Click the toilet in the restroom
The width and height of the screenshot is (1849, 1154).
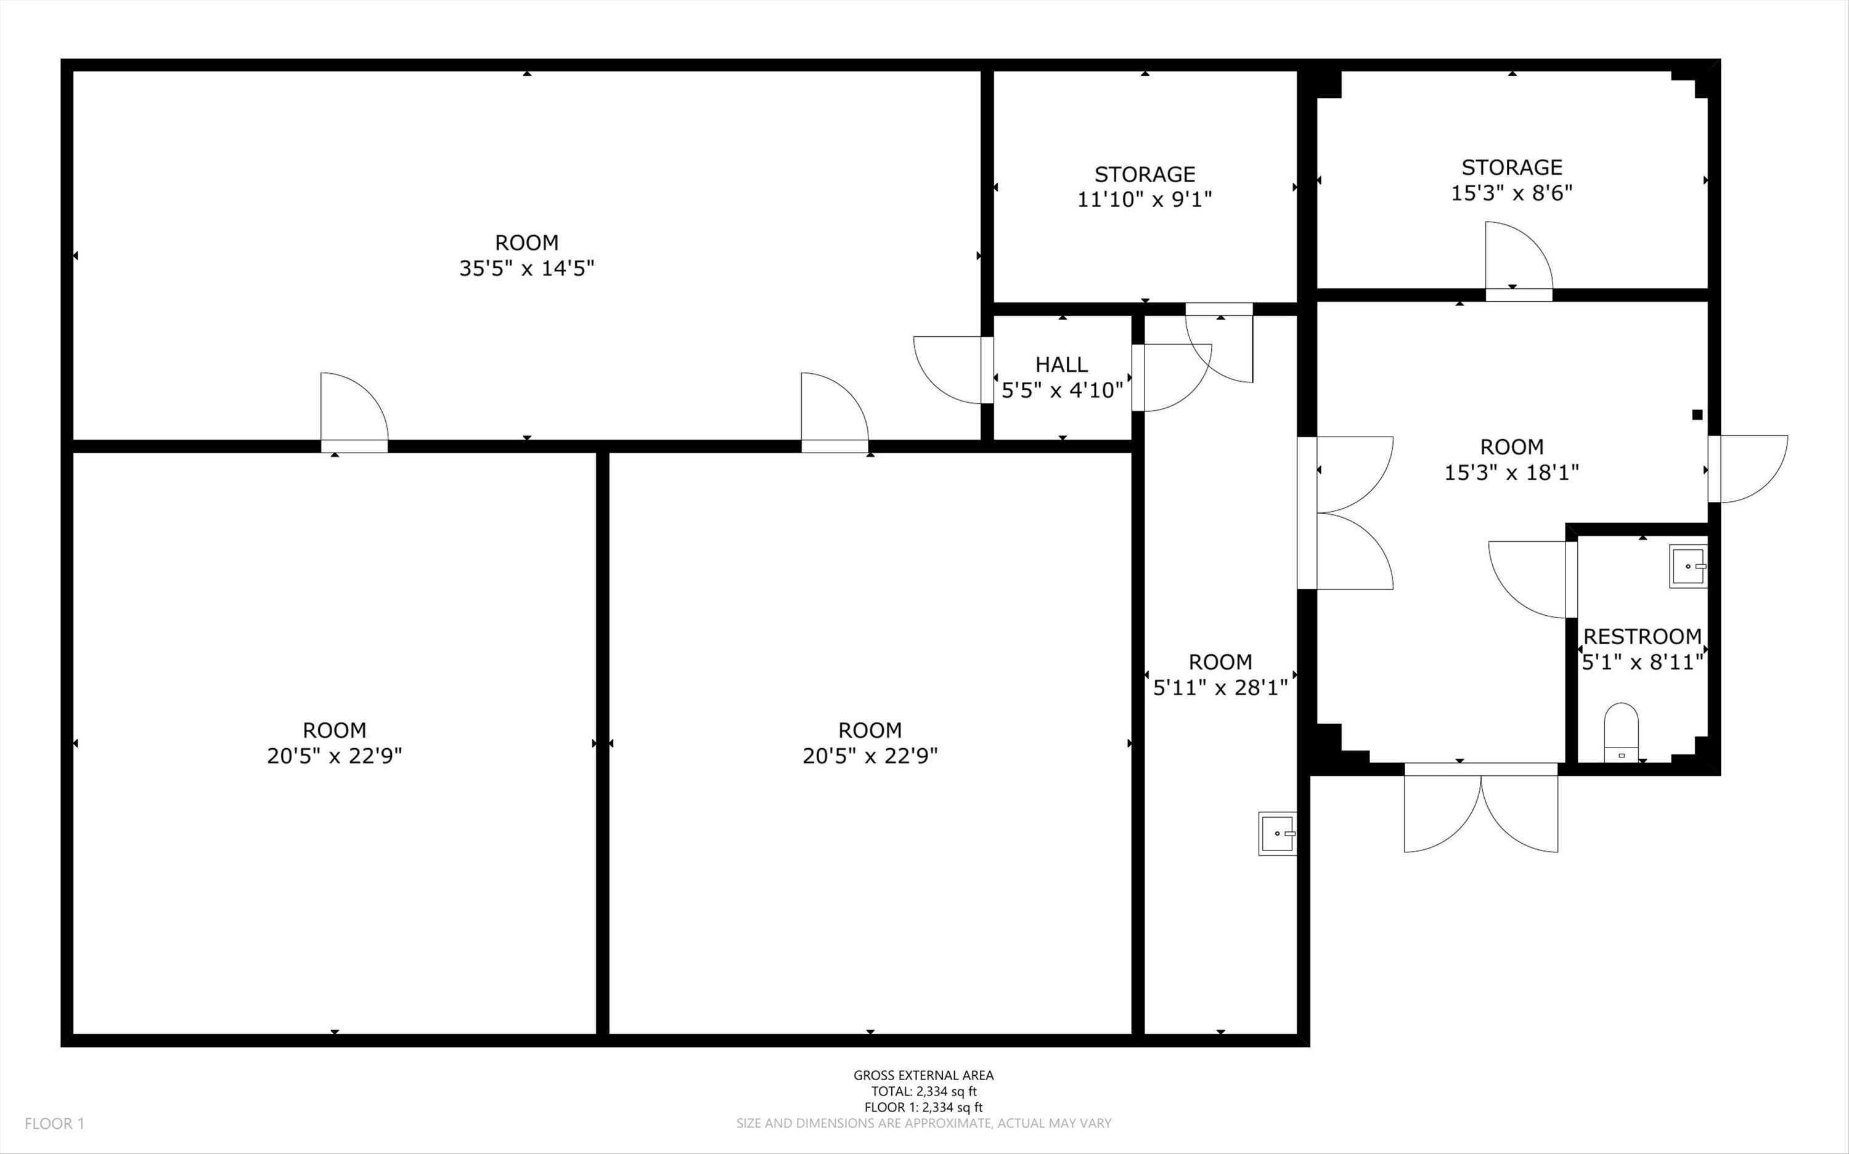[x=1620, y=732]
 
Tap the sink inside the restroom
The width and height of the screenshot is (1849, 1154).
[x=1688, y=567]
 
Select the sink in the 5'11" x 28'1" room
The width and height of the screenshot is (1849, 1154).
[x=1278, y=833]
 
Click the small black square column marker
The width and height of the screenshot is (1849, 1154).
[x=1697, y=415]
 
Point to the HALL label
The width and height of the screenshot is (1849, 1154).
[x=1061, y=364]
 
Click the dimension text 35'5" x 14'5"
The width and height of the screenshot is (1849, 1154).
[x=526, y=268]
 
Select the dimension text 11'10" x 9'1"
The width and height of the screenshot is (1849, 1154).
[x=1145, y=199]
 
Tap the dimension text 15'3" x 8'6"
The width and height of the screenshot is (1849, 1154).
[x=1511, y=192]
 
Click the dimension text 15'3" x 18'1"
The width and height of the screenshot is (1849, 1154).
[x=1511, y=472]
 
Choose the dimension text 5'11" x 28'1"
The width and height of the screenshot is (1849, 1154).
[x=1220, y=688]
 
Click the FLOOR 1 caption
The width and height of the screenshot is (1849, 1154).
[x=55, y=1123]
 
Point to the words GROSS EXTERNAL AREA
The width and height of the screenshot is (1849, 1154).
[x=923, y=1075]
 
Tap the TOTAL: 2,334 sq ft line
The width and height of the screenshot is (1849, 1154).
[x=923, y=1091]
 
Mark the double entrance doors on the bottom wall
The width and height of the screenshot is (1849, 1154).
[x=1481, y=807]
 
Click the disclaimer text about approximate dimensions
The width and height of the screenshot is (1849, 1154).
[x=923, y=1123]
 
